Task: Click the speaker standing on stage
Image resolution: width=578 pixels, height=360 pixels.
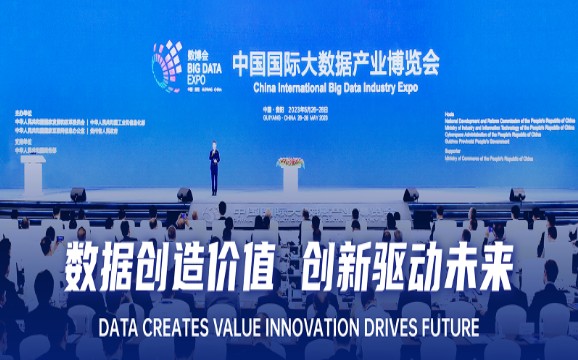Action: [213, 168]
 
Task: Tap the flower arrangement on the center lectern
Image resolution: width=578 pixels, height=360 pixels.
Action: [290, 161]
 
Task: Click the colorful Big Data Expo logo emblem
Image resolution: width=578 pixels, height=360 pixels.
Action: [166, 66]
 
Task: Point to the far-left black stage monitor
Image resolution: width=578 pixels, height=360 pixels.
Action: [78, 194]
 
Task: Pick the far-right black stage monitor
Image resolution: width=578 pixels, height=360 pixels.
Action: [516, 194]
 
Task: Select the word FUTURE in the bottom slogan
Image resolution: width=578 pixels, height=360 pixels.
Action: [446, 327]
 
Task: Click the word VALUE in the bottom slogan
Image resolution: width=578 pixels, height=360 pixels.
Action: [238, 327]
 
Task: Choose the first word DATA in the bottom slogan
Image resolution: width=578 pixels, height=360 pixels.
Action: [120, 327]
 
